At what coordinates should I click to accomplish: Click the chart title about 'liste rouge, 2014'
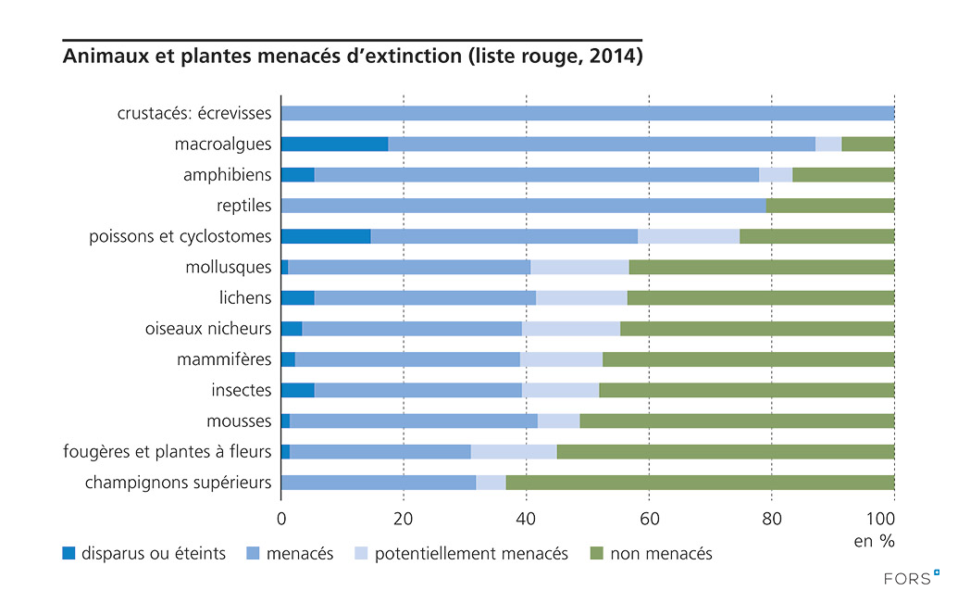click(353, 57)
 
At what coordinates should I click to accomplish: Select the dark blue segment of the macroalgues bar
click(334, 144)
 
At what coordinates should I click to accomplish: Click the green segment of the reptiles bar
click(830, 206)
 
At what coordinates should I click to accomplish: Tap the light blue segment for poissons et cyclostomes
click(689, 236)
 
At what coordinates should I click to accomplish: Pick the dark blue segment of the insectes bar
click(297, 390)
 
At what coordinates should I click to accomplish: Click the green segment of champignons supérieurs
click(700, 483)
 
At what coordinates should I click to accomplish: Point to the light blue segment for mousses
click(558, 421)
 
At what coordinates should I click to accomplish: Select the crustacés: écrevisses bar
click(587, 113)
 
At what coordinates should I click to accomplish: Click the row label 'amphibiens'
click(227, 175)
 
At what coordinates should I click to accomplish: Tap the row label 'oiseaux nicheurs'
click(208, 329)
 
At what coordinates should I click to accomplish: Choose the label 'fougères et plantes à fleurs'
click(168, 452)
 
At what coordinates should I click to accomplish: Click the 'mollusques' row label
click(229, 268)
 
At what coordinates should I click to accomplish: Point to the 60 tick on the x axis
click(649, 517)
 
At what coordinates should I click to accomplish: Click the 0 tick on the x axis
click(280, 517)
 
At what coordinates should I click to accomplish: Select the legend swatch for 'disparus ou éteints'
click(68, 554)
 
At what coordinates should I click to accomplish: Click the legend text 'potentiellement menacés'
click(471, 554)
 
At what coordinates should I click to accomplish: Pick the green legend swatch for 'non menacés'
click(596, 554)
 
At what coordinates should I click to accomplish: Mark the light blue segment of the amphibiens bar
click(776, 175)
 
